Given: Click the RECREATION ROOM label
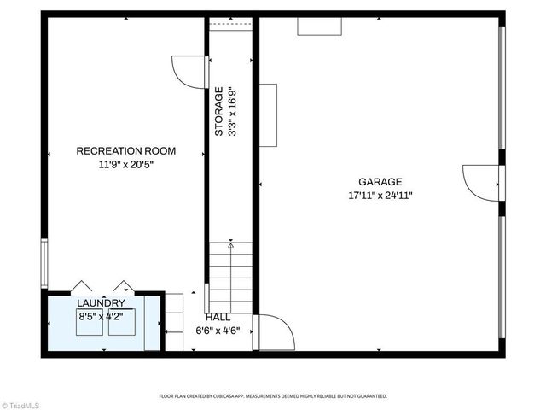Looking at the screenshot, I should (x=126, y=151).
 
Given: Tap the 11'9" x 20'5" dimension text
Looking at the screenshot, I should (x=126, y=165).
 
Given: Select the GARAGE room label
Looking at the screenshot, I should (x=380, y=181).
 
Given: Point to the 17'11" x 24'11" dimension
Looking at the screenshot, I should (x=380, y=195).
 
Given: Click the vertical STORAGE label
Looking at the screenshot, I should (x=219, y=111).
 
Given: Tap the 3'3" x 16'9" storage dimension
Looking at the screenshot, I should (x=231, y=111).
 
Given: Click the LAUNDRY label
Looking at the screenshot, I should (x=101, y=303).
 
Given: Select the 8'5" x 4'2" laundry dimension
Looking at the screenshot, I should (x=101, y=317).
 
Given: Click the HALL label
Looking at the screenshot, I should (x=218, y=317).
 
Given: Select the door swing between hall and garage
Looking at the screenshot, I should (x=275, y=332).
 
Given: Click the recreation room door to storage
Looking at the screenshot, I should (x=189, y=71).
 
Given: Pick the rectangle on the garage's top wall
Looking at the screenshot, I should (x=319, y=26).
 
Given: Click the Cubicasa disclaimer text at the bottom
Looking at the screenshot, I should (x=273, y=396).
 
